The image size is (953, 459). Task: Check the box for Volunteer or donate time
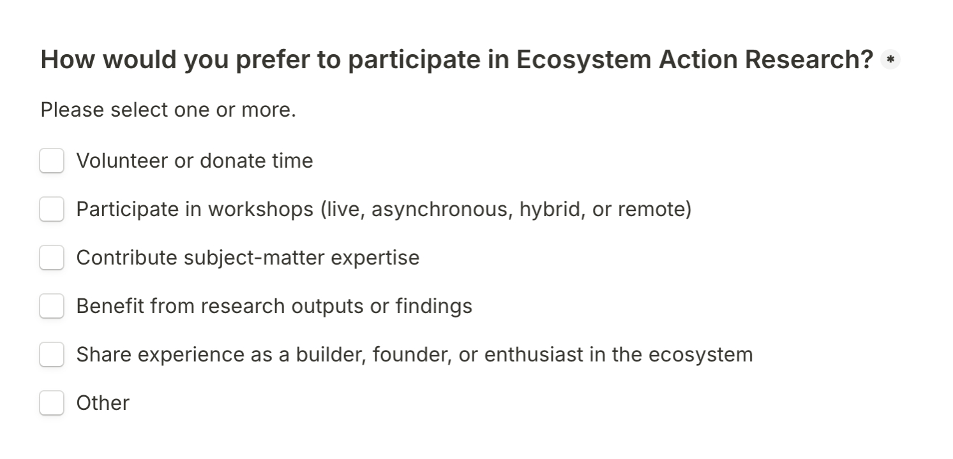(x=52, y=161)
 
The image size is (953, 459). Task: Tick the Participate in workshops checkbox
(x=52, y=209)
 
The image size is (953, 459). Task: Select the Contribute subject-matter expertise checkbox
(x=52, y=258)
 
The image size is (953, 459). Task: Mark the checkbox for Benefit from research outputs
(x=52, y=306)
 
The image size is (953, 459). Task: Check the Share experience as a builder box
(x=52, y=354)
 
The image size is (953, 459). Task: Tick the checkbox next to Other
(x=52, y=403)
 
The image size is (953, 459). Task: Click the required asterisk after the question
(x=890, y=59)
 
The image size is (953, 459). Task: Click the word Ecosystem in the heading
(x=583, y=60)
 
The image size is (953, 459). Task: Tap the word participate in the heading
(x=414, y=60)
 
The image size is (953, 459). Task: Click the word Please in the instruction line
(x=72, y=110)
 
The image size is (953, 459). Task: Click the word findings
(x=434, y=306)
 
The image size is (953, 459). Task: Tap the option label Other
(x=103, y=403)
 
